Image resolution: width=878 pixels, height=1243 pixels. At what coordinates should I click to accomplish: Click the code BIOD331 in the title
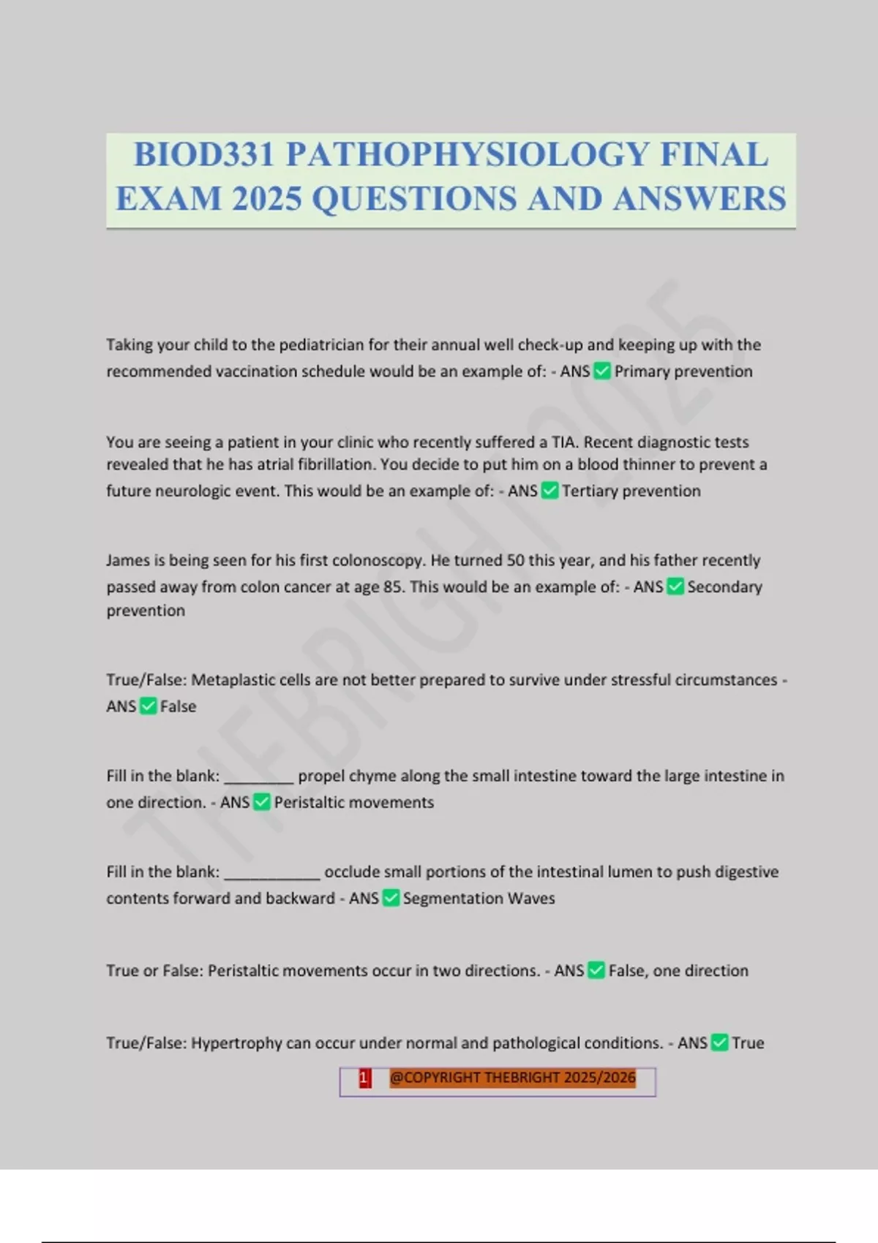[204, 155]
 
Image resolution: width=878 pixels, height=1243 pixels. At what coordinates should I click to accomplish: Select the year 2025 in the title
[266, 199]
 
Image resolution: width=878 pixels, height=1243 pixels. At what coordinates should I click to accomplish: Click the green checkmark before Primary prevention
[601, 371]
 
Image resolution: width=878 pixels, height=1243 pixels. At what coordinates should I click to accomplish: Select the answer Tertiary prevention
[631, 491]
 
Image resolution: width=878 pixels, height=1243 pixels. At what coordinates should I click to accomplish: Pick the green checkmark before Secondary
[675, 586]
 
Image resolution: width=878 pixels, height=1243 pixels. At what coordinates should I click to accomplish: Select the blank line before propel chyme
[258, 777]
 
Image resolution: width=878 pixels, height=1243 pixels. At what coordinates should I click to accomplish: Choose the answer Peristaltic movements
[353, 802]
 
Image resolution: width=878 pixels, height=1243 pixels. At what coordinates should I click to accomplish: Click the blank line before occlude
[271, 873]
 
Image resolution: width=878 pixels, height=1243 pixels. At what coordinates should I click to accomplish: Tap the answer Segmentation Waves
[479, 898]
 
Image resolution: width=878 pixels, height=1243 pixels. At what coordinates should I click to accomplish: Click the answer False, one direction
[678, 970]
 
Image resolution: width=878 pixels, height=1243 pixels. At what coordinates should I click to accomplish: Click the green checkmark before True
[719, 1043]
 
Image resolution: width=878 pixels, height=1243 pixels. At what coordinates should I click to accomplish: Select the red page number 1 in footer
[364, 1078]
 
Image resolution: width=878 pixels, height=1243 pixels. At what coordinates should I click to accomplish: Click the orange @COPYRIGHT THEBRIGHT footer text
[512, 1078]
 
